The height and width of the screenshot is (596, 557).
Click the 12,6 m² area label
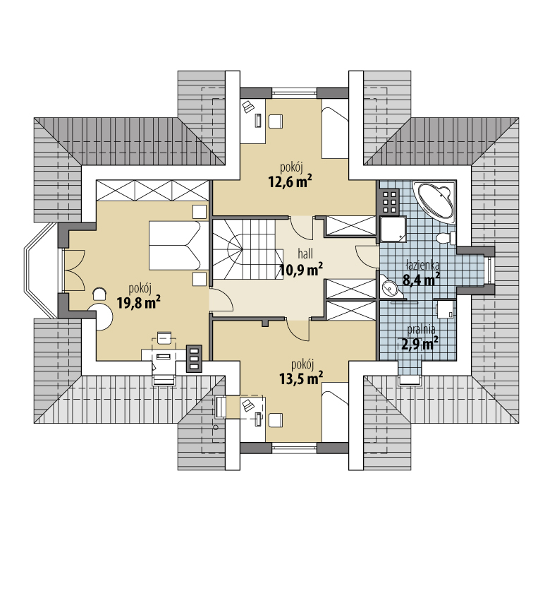(290, 181)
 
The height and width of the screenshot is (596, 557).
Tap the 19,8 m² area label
(138, 303)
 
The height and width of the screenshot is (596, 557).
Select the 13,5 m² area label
(301, 379)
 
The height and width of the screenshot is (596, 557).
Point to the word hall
(305, 254)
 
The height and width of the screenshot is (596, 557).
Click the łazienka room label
(422, 265)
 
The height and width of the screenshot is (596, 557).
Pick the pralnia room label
(421, 329)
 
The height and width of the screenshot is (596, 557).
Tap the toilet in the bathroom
(446, 238)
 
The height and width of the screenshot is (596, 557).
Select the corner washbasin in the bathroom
(388, 287)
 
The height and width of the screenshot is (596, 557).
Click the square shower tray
(393, 230)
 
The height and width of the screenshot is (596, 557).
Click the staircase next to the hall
(247, 249)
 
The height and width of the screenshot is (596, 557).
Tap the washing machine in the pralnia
(446, 309)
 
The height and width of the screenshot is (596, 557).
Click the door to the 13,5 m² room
(298, 329)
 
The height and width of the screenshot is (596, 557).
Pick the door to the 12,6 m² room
(302, 228)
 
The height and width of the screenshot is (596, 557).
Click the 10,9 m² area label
(301, 270)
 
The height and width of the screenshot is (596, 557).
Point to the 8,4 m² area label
(422, 280)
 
